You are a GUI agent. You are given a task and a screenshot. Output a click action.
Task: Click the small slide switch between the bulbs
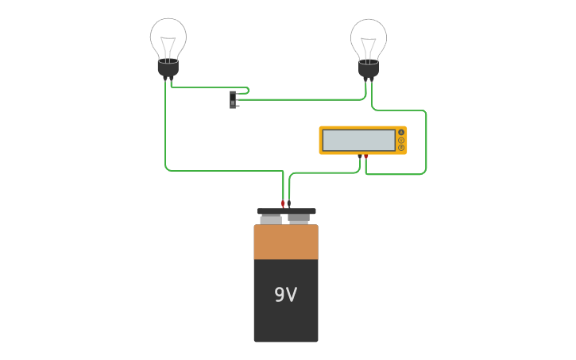point(234,99)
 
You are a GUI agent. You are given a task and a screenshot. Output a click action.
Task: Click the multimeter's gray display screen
point(358,140)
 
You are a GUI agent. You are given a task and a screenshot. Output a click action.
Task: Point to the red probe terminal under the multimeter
point(365,157)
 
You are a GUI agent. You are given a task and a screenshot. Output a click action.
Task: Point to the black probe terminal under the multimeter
point(360,157)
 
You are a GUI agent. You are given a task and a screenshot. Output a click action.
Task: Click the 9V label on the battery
point(285,295)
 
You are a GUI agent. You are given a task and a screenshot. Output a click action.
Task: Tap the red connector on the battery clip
point(283,203)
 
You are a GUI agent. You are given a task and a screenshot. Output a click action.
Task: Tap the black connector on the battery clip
point(289,203)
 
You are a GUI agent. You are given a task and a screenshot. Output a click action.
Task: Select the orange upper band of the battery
point(285,242)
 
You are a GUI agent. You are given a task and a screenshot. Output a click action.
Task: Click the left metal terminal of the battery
point(271,219)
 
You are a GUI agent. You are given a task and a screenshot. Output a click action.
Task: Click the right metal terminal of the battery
point(299,218)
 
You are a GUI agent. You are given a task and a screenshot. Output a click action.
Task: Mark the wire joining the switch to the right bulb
point(302,99)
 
